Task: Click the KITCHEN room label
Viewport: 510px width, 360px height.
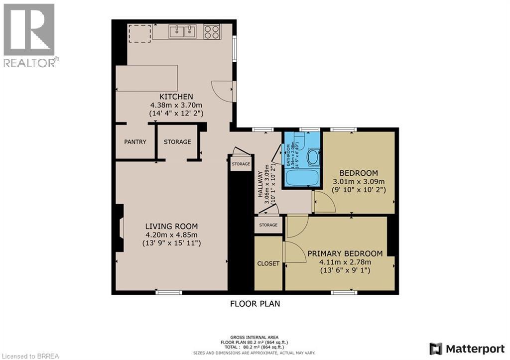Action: tap(176, 97)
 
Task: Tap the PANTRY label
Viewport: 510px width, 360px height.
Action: tap(135, 142)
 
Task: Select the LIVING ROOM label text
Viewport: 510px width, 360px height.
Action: tap(172, 226)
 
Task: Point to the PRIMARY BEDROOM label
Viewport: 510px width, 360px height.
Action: tap(345, 253)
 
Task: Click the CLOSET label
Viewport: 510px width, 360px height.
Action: tap(268, 263)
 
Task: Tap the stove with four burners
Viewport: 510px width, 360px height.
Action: tap(212, 32)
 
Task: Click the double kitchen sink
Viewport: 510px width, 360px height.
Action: tap(182, 32)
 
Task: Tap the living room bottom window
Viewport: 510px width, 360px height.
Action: tap(164, 292)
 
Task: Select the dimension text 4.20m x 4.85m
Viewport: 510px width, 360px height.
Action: tap(172, 235)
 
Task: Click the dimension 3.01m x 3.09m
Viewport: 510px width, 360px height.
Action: tap(358, 182)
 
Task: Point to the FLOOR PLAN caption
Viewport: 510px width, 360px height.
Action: tap(255, 303)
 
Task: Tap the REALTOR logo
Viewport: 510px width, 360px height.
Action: tap(29, 34)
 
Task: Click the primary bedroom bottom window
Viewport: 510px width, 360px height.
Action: tap(344, 292)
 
